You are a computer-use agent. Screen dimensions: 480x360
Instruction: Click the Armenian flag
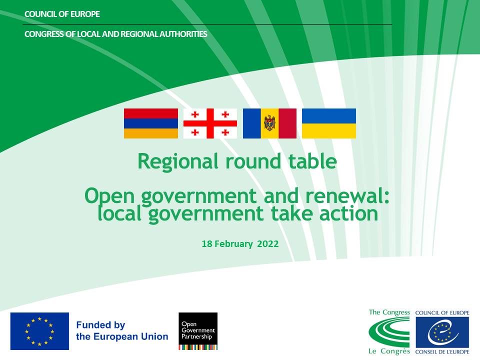[151, 123]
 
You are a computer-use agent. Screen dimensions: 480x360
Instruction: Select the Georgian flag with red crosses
[210, 123]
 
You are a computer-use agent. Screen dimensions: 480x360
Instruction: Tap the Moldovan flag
[269, 123]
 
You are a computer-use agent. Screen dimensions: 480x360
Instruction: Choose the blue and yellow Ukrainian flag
[329, 123]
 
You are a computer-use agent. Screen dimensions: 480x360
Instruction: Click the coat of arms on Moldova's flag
[269, 123]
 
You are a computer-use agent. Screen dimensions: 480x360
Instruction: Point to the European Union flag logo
[40, 331]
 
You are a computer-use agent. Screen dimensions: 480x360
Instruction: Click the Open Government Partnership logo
[198, 331]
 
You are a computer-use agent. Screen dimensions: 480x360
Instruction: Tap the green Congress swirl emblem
[389, 332]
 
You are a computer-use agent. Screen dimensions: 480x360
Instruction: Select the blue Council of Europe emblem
[442, 332]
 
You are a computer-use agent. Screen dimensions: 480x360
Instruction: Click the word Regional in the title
[178, 161]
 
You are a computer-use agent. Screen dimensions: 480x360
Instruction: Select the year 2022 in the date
[268, 244]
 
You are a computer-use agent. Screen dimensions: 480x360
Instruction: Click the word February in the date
[233, 244]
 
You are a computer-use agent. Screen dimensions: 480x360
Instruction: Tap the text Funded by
[100, 325]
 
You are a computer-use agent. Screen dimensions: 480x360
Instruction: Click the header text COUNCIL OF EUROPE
[62, 14]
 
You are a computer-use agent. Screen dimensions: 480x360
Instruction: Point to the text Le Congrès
[389, 351]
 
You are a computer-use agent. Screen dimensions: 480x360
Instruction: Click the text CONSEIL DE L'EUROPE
[442, 352]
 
